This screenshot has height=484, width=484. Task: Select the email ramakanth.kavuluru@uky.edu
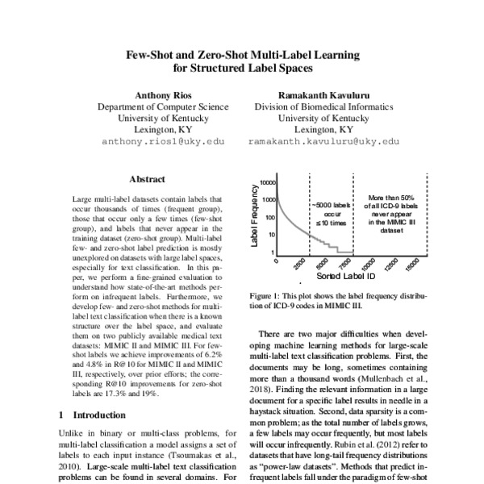323,141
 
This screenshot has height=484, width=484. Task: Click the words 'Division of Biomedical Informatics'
323,106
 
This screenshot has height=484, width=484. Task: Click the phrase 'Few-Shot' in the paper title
154,56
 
